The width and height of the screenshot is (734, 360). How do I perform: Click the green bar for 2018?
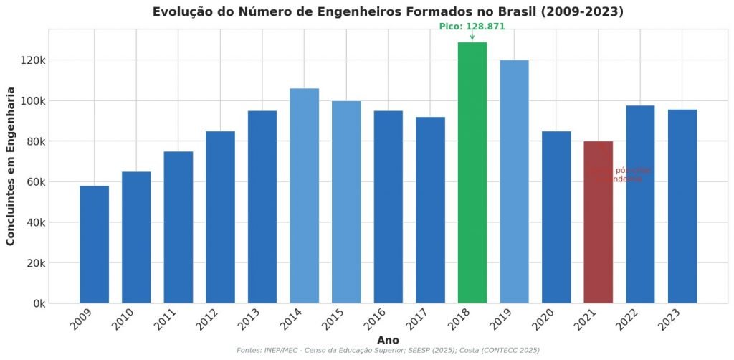click(x=472, y=172)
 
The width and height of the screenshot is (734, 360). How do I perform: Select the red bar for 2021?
click(x=598, y=222)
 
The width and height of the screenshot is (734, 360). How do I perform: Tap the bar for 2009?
click(x=94, y=244)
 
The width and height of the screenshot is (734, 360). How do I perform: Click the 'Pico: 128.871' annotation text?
click(x=472, y=27)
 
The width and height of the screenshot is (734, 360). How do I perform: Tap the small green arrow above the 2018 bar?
click(x=472, y=37)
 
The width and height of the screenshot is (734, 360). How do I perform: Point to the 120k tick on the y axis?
click(x=34, y=60)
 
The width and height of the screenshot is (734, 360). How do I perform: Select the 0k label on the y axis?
click(x=39, y=303)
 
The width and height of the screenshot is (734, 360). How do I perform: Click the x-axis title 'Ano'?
click(x=388, y=340)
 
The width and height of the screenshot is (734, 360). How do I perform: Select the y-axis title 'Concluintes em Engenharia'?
click(x=11, y=166)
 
